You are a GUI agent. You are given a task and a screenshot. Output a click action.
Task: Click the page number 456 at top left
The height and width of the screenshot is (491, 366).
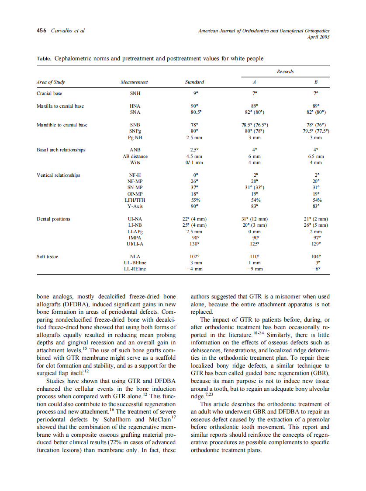(41, 31)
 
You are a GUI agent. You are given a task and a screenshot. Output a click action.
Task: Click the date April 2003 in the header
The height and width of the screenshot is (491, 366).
(318, 37)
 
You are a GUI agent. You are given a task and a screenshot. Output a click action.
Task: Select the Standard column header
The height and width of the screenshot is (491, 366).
(194, 82)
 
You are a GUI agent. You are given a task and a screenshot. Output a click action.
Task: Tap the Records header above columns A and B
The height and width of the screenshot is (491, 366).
(285, 71)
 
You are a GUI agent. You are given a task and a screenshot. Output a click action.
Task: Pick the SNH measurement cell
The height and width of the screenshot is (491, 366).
(135, 93)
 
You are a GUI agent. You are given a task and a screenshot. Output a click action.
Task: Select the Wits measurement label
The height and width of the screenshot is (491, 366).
(135, 162)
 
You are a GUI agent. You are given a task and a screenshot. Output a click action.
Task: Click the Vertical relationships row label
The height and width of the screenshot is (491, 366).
(59, 175)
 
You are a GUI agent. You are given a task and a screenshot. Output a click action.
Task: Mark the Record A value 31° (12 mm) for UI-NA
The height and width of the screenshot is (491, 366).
(254, 219)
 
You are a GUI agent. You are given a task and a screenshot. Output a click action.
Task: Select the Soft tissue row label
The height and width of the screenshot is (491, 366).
(48, 256)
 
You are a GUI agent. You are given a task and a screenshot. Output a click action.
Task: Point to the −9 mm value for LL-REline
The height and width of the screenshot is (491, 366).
(254, 269)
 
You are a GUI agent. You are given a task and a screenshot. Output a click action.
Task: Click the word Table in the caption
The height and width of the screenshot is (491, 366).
(44, 58)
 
